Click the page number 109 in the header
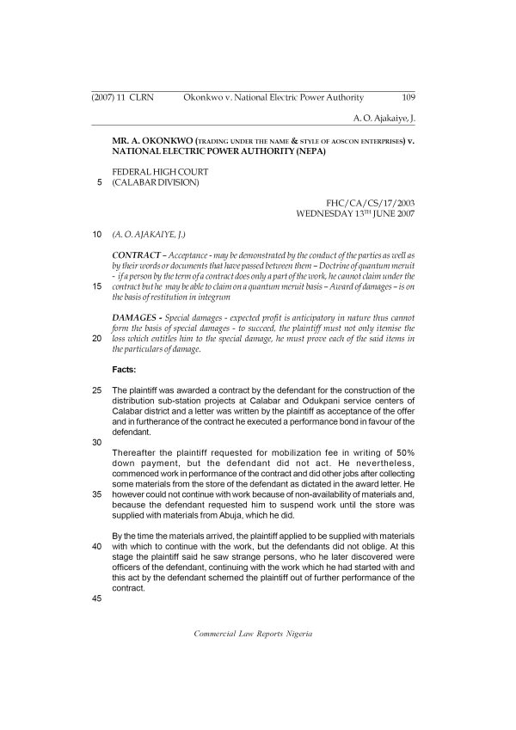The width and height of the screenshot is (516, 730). (408, 98)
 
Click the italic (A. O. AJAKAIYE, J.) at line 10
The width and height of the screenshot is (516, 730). (149, 234)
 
